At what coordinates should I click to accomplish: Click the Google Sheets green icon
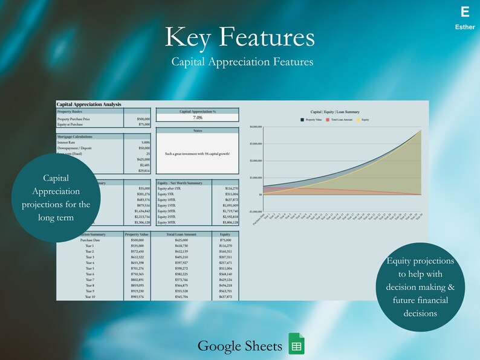[296, 345]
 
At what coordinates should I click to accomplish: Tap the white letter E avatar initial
[464, 12]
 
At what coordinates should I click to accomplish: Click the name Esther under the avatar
[464, 27]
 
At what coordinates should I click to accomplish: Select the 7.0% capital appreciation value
[197, 118]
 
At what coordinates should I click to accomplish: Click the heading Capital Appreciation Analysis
[89, 104]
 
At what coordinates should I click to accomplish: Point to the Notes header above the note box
[197, 130]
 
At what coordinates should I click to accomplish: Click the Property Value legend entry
[311, 120]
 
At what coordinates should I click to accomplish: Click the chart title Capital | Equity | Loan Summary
[335, 112]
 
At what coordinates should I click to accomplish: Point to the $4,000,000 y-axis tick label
[256, 127]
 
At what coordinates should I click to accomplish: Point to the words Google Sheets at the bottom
[240, 346]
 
